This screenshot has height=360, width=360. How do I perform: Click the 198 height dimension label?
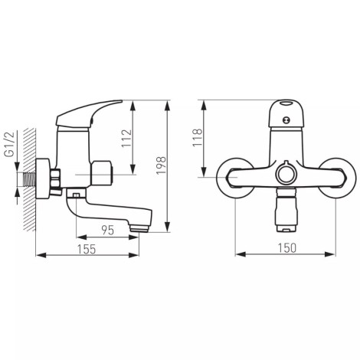162,165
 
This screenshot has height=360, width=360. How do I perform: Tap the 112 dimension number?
126,139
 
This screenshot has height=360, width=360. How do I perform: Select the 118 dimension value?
198,137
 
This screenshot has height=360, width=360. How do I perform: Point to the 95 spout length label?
108,231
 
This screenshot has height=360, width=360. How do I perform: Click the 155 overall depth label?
87,249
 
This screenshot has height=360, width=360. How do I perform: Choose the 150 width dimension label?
287,248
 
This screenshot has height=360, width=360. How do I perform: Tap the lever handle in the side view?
89,113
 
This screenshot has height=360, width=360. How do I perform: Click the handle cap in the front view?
286,115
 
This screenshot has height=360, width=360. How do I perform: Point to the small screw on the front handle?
286,119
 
